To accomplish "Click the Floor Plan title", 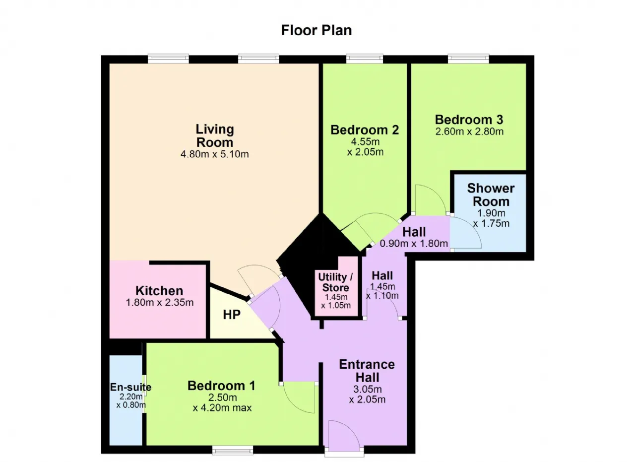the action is click(317, 30).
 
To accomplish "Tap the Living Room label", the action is click(215, 136).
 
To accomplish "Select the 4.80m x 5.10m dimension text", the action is click(215, 154).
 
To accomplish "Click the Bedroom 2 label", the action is click(365, 130).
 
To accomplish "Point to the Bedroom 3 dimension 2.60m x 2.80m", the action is click(469, 132).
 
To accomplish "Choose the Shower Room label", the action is click(491, 195).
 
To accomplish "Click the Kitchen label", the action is click(159, 291).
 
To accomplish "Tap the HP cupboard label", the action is click(232, 315).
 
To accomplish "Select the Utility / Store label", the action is click(336, 282).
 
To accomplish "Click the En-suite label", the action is click(130, 387).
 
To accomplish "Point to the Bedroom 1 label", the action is click(221, 386).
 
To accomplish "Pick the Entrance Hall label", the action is click(367, 371).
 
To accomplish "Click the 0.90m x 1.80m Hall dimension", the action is click(414, 244).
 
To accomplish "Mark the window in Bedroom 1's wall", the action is click(233, 450).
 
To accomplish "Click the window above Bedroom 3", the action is click(468, 59).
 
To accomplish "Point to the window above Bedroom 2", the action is click(365, 59).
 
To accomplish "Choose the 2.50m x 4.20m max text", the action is click(222, 403).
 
